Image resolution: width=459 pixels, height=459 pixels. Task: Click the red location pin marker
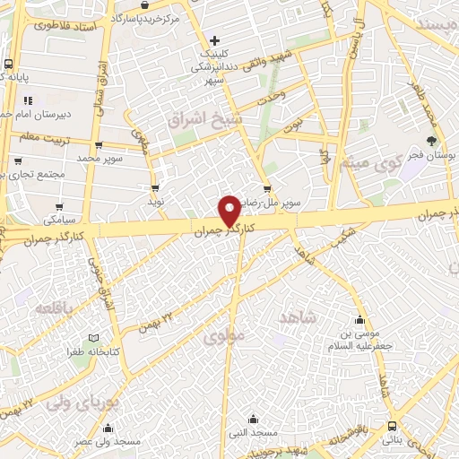(x=229, y=210)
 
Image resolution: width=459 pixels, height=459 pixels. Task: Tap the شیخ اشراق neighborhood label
(x=200, y=118)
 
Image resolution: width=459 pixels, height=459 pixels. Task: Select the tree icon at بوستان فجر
(x=432, y=141)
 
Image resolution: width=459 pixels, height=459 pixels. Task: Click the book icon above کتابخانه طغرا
(x=95, y=338)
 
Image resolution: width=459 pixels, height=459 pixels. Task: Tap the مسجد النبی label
(x=253, y=433)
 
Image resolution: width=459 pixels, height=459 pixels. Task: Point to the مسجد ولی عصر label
(x=117, y=442)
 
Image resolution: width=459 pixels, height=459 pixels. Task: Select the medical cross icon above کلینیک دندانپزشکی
(x=214, y=39)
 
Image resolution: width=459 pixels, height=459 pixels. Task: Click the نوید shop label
(x=157, y=203)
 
